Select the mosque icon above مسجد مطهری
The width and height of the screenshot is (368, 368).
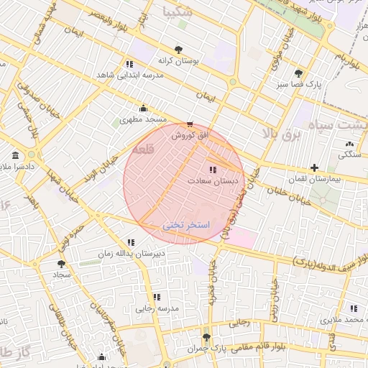[x=143, y=109]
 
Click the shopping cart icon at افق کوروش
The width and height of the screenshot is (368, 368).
[x=190, y=124]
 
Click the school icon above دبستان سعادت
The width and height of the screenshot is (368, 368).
[x=212, y=170]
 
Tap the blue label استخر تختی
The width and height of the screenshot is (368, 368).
[x=185, y=226]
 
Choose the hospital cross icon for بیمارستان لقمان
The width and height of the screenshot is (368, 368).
[x=314, y=167]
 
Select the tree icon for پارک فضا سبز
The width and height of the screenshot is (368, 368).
[x=298, y=73]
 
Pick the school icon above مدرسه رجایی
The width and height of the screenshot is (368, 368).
[x=156, y=297]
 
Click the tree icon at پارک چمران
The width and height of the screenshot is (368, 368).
[x=207, y=338]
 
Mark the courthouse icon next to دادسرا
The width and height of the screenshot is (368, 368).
[x=16, y=155]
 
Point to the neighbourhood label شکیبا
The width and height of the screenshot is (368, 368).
[x=178, y=11]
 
